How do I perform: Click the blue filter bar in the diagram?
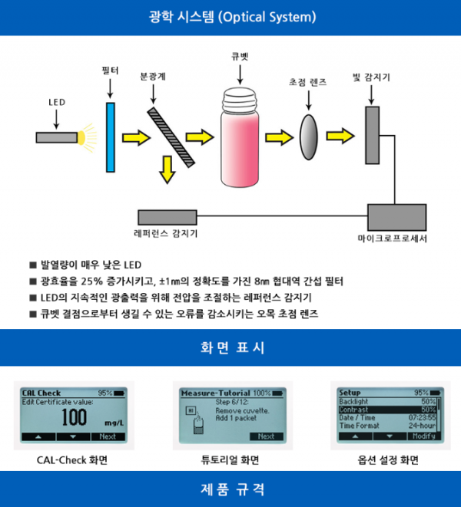[112, 135]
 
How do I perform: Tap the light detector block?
[373, 135]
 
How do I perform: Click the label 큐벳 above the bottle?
[240, 58]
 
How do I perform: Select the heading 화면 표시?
[230, 347]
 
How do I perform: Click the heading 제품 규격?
[230, 489]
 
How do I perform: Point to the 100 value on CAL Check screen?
[74, 418]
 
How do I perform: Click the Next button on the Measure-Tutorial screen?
[266, 436]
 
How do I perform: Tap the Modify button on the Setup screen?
[423, 436]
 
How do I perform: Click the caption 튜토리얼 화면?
[230, 460]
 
